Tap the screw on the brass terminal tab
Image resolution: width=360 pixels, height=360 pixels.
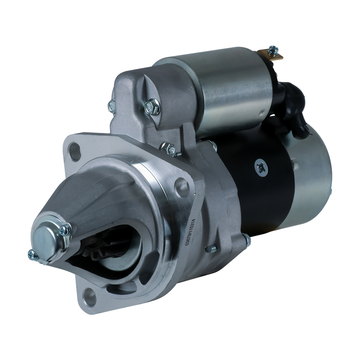tap(273, 49)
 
